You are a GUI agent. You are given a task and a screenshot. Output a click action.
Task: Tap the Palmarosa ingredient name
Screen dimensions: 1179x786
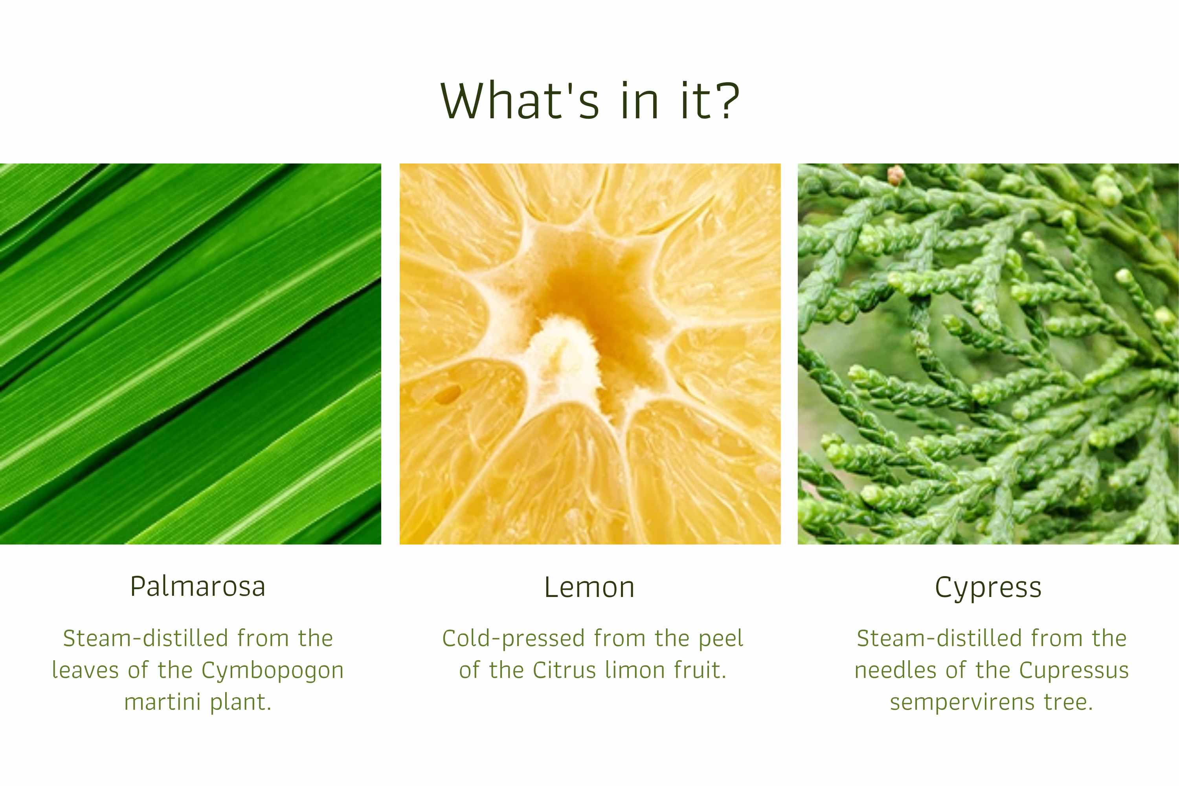tap(198, 587)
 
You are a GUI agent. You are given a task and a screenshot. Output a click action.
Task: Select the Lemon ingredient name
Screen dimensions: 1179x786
tap(589, 588)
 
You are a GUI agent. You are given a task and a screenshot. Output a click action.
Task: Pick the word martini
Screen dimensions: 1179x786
tap(162, 702)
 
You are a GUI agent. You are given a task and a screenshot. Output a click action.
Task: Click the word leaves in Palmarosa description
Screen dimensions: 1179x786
tap(85, 670)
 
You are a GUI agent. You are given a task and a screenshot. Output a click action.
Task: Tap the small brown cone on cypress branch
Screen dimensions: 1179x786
tap(895, 175)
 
